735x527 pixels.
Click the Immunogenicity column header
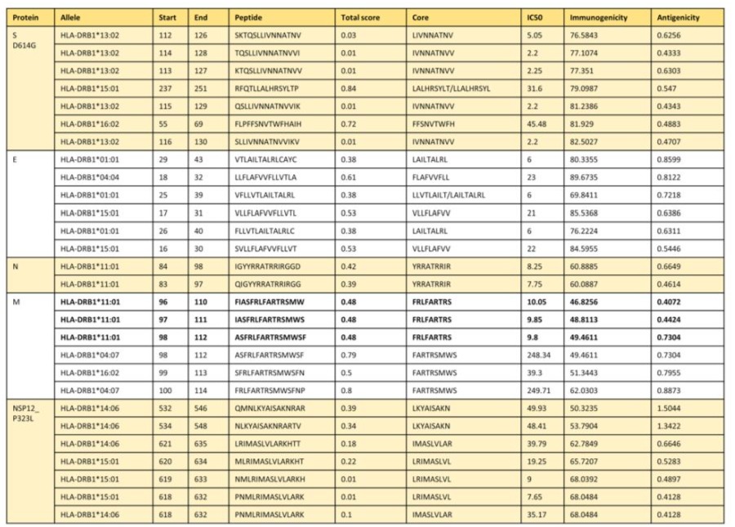598,16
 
